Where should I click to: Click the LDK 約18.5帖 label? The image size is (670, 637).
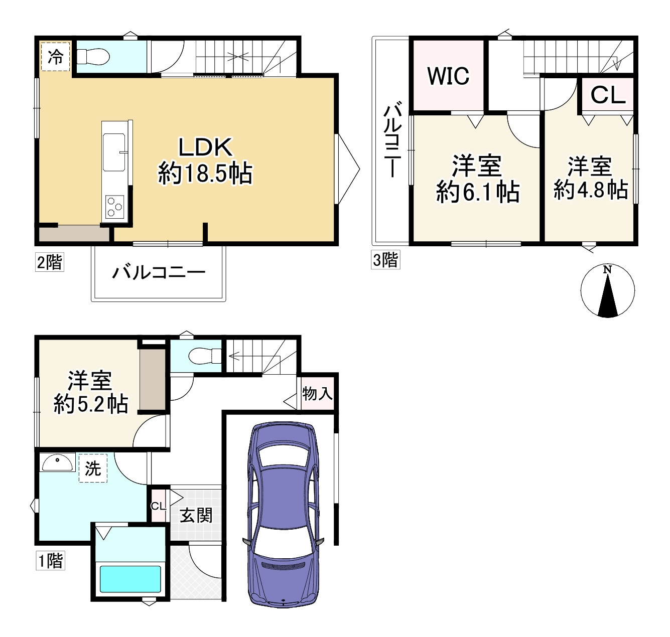[x=205, y=161]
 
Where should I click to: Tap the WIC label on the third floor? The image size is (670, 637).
[x=448, y=76]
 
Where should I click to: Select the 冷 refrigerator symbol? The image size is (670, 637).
[x=55, y=57]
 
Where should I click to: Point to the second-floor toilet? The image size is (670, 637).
[x=93, y=57]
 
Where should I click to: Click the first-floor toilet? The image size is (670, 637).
[x=205, y=356]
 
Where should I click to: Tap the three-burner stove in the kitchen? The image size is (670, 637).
[x=114, y=207]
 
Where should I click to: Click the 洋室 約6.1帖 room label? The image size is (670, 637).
[x=478, y=179]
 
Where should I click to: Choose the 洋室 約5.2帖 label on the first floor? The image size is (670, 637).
[x=91, y=392]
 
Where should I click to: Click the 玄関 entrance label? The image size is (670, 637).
[x=196, y=515]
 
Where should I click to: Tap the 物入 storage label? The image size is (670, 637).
[x=317, y=394]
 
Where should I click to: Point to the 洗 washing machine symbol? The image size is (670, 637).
[x=93, y=468]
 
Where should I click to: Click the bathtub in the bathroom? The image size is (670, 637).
[x=130, y=579]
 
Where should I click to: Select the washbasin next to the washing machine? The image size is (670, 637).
[x=57, y=462]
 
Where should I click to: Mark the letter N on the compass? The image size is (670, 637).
[x=607, y=270]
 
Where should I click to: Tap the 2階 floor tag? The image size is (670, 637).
[x=50, y=262]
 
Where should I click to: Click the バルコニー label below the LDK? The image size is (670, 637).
[x=159, y=272]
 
